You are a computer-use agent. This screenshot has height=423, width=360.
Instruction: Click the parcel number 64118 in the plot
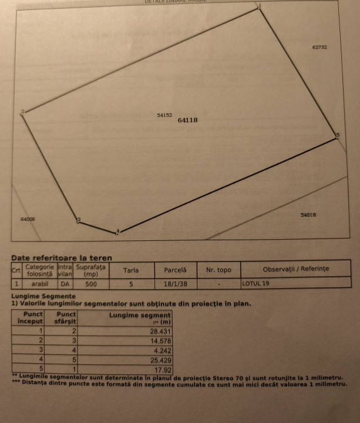tap(188, 120)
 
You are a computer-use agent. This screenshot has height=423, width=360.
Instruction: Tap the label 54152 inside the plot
tap(164, 116)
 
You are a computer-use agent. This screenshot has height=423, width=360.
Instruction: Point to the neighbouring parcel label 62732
tap(319, 47)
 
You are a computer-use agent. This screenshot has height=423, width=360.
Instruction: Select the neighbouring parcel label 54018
tap(308, 215)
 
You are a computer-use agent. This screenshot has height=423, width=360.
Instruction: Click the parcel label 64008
tap(28, 219)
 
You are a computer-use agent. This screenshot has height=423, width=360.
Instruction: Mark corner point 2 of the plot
tap(23, 112)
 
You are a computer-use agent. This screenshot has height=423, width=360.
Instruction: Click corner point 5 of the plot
tap(337, 136)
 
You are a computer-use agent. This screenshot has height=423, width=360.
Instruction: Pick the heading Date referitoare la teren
tap(62, 258)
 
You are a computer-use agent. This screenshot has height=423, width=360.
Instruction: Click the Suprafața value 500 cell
tap(91, 284)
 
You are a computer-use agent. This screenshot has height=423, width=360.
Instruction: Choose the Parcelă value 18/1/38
tap(175, 284)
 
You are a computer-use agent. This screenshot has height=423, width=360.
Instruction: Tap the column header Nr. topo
tap(218, 270)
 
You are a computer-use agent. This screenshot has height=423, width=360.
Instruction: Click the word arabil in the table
tap(40, 284)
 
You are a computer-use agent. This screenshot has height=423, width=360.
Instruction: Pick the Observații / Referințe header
tap(296, 269)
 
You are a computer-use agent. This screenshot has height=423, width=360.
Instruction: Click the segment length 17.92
tap(164, 370)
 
